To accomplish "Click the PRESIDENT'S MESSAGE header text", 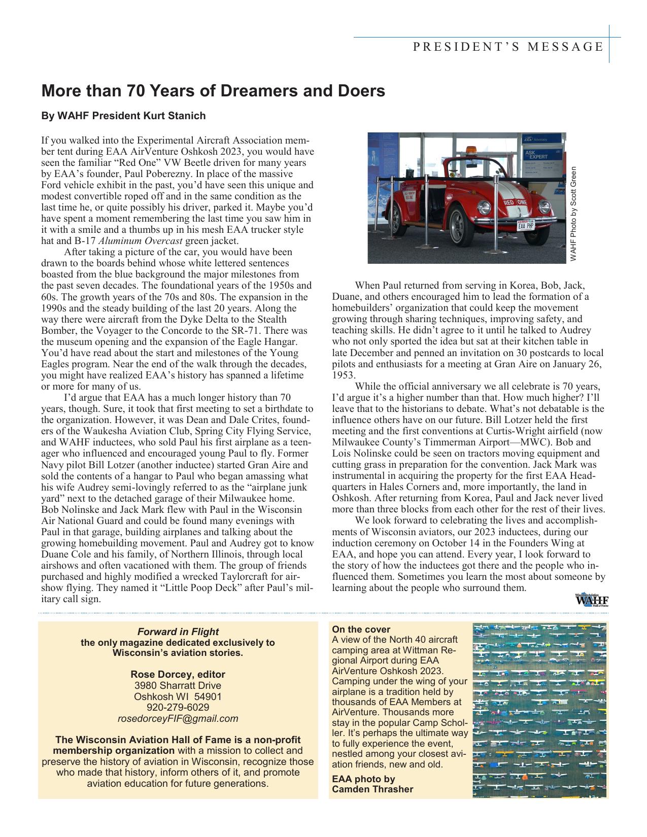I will [x=508, y=47].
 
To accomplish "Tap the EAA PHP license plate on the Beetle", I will [x=526, y=225].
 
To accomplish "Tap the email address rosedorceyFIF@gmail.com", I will [x=178, y=718].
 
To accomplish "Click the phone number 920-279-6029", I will [x=178, y=707].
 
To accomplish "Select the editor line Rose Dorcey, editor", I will [x=178, y=674].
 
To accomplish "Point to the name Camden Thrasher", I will [x=372, y=789].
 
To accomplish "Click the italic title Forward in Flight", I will [x=178, y=632].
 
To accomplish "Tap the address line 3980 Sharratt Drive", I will [x=178, y=685].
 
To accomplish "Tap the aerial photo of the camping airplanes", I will [x=540, y=710].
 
